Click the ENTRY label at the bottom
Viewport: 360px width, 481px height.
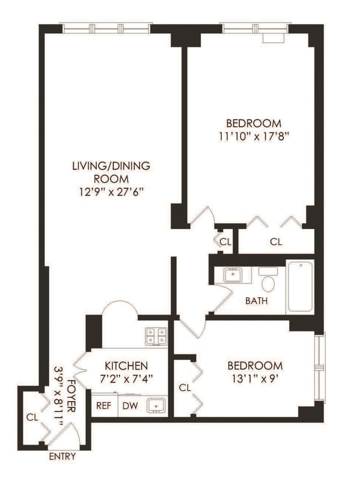(x=62, y=457)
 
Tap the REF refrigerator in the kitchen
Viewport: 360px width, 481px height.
(x=104, y=406)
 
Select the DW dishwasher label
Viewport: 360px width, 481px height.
(x=129, y=406)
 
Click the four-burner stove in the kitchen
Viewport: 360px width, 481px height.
(x=156, y=337)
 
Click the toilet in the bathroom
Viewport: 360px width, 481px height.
(x=269, y=281)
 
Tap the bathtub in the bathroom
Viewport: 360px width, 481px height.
(x=300, y=286)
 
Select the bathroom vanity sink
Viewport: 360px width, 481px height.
(x=233, y=275)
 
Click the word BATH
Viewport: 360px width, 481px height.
(x=257, y=301)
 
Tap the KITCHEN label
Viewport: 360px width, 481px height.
(x=126, y=366)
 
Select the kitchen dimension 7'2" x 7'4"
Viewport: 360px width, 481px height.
(x=126, y=379)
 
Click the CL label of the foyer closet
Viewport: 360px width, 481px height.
(x=32, y=417)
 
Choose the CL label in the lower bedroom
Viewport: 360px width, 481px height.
(x=185, y=388)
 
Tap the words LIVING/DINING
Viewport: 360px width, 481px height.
(x=111, y=165)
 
